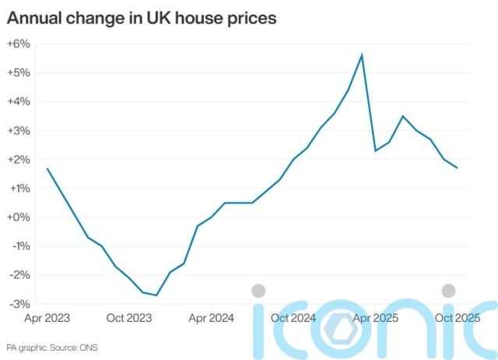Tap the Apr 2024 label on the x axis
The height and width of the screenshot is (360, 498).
coord(210,317)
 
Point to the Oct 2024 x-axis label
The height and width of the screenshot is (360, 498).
coord(293,317)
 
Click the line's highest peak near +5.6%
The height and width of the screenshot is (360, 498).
coord(362,54)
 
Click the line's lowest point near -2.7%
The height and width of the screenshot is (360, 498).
coord(156,295)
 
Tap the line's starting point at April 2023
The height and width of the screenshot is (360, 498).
coord(47,168)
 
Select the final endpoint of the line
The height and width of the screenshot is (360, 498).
coord(457,168)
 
